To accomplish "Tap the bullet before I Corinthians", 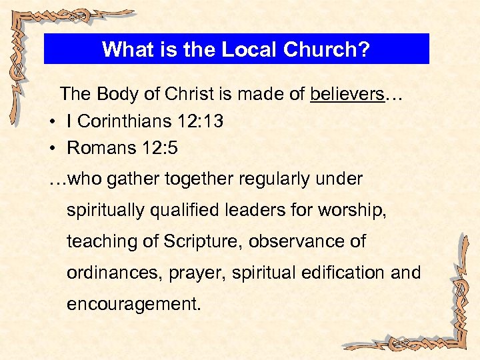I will click(52, 122).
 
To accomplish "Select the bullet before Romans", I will click(52, 149).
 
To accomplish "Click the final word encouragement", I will click(133, 304).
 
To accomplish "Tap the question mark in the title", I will click(363, 49).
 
